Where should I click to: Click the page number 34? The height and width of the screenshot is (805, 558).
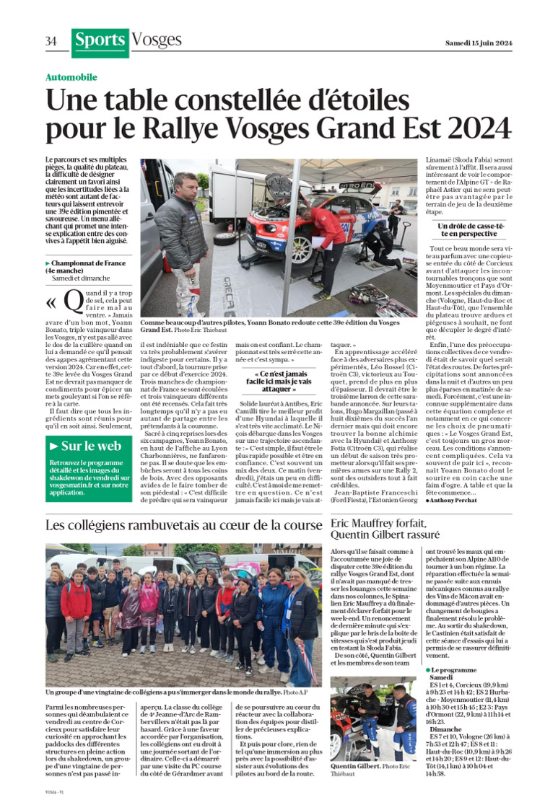tap(51, 41)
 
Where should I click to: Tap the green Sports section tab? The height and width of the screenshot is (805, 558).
tap(100, 42)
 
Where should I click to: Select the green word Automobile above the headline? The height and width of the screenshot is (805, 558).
tap(71, 77)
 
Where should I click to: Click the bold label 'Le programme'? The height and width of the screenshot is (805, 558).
tap(452, 671)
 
